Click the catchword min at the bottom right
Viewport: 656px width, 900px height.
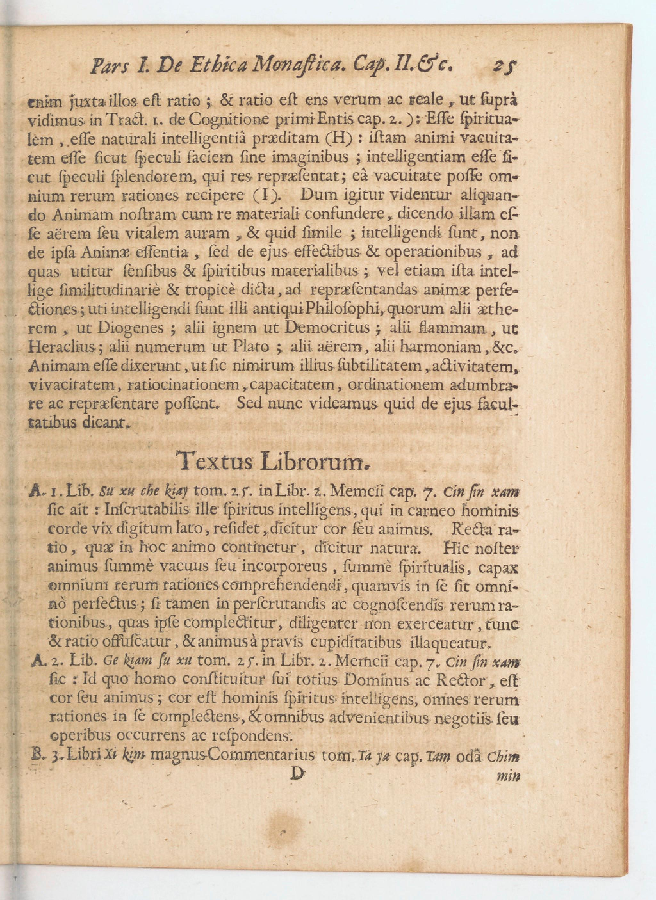(509, 776)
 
